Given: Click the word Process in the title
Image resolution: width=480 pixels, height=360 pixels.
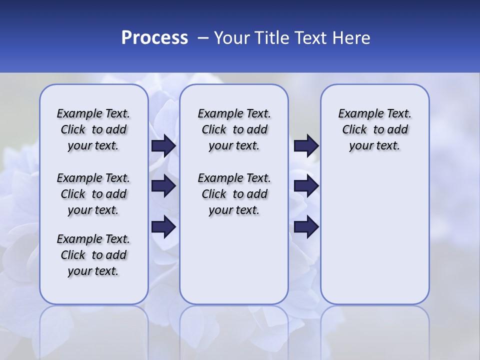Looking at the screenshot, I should (154, 37).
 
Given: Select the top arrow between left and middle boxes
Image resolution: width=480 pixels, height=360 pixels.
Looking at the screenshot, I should (163, 145).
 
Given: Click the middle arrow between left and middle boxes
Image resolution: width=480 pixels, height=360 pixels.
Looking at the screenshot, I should (163, 186).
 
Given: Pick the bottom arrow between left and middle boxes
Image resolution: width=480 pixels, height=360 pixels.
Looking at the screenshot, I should (163, 226).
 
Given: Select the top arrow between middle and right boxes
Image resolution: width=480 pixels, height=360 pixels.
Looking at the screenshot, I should (306, 145).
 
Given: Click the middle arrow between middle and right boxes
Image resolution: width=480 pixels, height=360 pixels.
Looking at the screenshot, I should (306, 186).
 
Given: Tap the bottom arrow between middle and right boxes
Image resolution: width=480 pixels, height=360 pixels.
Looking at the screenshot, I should (306, 226).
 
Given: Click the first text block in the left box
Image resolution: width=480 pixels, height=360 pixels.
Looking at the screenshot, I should (93, 129).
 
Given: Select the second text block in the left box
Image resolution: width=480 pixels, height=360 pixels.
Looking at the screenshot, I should (93, 194).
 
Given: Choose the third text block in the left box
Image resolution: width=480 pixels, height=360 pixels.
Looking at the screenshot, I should (93, 255).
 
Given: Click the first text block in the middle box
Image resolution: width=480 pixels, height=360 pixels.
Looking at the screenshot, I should (234, 129).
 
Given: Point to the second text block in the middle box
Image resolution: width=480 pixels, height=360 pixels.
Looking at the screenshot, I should (234, 194).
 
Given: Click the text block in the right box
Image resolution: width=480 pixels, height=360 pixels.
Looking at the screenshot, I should (375, 129).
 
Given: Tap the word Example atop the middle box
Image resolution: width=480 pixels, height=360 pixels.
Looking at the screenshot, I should (216, 114).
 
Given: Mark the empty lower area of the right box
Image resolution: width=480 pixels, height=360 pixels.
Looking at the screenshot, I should (375, 235).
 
